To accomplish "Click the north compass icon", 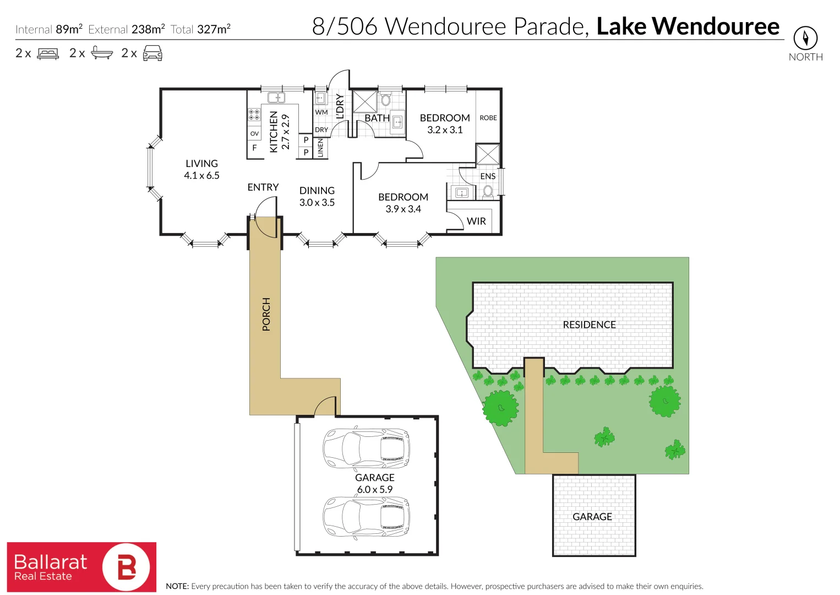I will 805,38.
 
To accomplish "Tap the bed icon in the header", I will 48,53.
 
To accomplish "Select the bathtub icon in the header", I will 102,53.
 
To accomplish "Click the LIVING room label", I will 201,164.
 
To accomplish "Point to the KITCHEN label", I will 274,132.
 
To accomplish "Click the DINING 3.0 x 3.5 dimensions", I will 317,203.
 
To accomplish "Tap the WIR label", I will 476,221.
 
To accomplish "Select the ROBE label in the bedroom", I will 488,118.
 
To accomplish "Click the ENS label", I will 488,176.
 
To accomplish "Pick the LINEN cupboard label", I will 321,148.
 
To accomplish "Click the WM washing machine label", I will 321,112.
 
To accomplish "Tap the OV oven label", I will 254,134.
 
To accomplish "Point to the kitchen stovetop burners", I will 254,115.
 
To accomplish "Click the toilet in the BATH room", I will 385,100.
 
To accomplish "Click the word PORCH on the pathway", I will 266,315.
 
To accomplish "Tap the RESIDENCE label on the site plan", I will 589,325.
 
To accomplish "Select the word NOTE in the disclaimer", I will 177,587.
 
